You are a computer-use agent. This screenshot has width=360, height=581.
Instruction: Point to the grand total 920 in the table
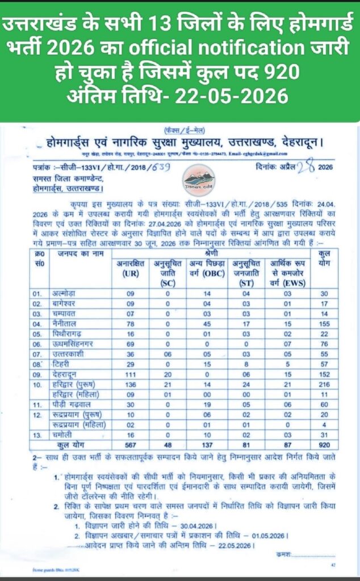click(x=325, y=444)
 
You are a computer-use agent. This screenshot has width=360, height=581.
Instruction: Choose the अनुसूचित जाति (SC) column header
click(x=168, y=270)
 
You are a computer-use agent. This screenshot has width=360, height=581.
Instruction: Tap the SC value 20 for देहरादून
click(x=168, y=374)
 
